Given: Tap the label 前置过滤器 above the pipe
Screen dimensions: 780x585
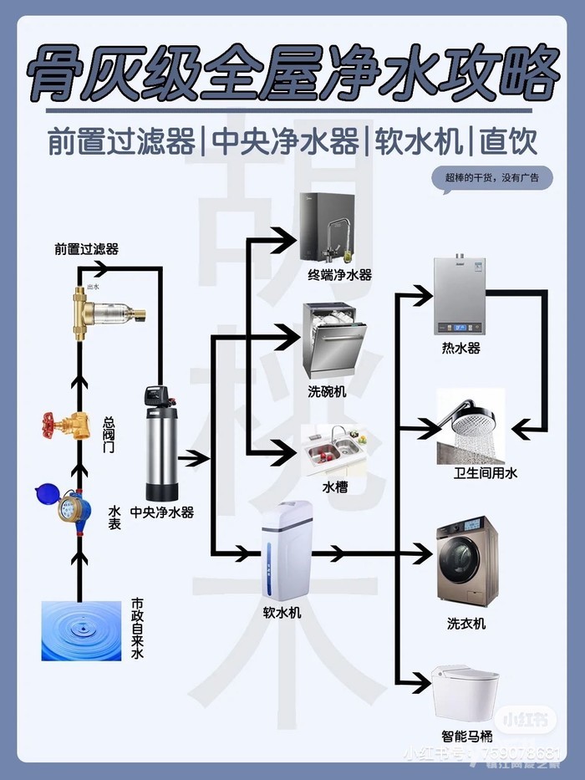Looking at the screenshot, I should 86,249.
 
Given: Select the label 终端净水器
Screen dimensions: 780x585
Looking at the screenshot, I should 339,274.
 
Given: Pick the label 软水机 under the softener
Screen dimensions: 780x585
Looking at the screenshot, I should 282,612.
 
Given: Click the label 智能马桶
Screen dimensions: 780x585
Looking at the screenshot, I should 466,737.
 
